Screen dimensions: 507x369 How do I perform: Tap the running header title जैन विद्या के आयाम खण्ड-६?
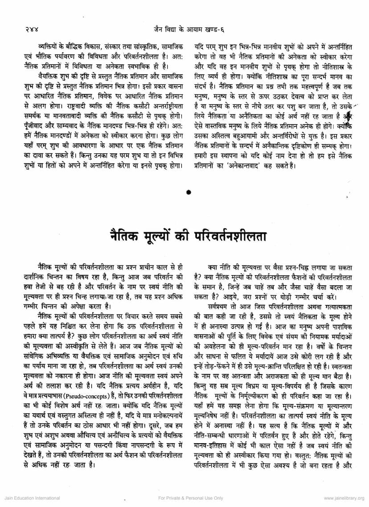[x=185, y=30]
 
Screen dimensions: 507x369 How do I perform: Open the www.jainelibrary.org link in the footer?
[x=341, y=498]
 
